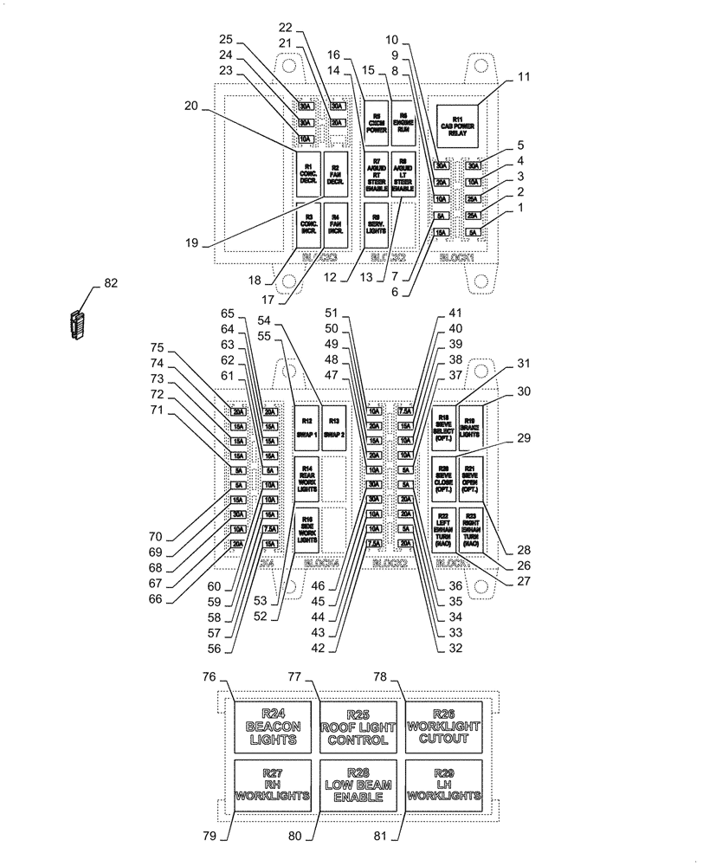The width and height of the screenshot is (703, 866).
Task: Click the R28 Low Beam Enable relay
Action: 358,784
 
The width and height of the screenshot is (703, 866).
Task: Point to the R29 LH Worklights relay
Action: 443,784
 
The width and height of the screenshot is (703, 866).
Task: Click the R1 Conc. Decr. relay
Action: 307,173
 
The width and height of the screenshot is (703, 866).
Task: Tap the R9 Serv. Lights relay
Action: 376,225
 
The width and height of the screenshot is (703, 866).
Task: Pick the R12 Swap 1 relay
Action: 306,427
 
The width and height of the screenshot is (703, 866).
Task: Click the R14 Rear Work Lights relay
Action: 306,479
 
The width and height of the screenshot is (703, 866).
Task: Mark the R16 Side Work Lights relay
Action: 306,530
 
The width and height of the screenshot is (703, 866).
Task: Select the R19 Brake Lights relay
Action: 472,427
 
